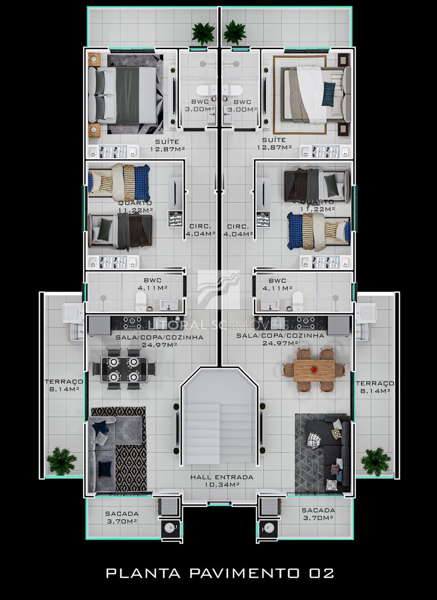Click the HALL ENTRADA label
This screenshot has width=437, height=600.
point(222,480)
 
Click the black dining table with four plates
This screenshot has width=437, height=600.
point(123,369)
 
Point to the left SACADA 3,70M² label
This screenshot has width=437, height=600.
point(122,517)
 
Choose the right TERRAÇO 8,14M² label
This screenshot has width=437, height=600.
point(374,387)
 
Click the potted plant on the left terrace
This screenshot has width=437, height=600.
point(61,460)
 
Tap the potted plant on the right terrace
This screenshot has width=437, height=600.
point(375,460)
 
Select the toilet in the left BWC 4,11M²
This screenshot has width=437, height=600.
point(141,301)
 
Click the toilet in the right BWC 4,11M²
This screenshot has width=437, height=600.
point(297,301)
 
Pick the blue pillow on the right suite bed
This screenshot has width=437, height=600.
point(329,93)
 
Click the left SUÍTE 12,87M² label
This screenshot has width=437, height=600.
point(167,145)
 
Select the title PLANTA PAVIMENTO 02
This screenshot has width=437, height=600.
point(220,573)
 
